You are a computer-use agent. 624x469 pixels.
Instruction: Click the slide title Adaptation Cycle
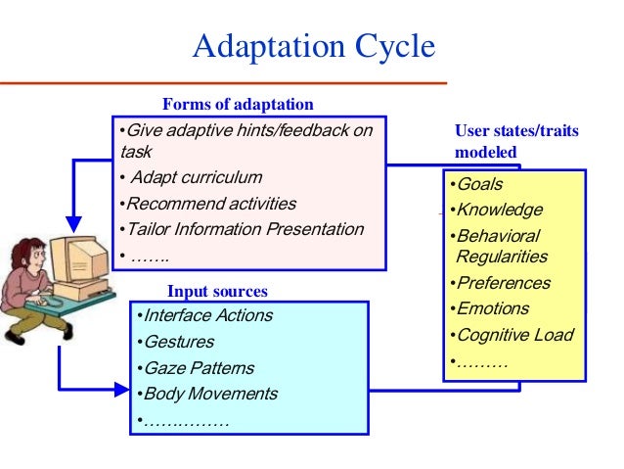tap(313, 47)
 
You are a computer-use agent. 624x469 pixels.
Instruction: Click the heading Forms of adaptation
tap(238, 105)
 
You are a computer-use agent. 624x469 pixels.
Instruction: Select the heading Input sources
tap(217, 291)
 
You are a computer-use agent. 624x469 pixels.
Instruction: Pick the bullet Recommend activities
tap(207, 205)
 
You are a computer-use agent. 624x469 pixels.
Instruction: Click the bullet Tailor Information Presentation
tap(241, 230)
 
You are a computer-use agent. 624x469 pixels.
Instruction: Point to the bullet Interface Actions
tap(205, 316)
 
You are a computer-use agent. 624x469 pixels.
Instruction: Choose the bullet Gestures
tap(179, 343)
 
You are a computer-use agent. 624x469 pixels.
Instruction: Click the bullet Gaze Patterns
tap(197, 369)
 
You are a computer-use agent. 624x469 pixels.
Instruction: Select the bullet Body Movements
tap(208, 395)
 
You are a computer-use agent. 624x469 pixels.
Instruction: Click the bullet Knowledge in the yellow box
tap(496, 211)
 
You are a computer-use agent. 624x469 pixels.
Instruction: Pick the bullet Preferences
tap(501, 284)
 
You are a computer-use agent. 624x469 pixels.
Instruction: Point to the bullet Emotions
tap(491, 309)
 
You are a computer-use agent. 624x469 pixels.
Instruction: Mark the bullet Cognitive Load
tap(512, 336)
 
